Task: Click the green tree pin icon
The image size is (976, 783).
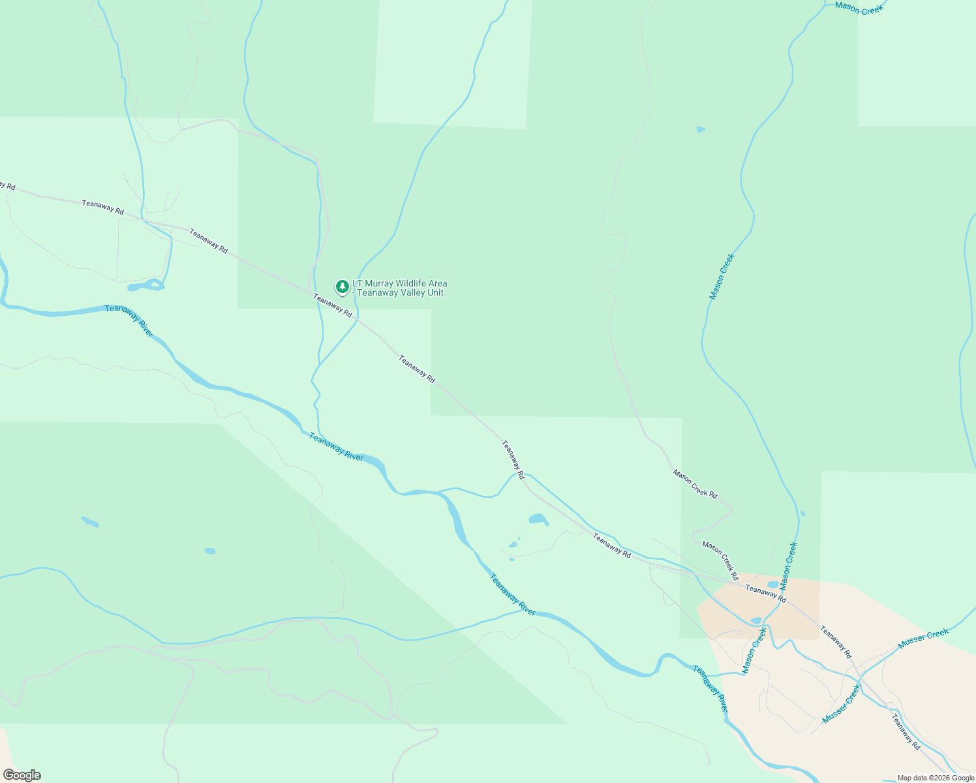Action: coord(342,286)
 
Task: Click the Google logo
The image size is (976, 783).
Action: coord(22,775)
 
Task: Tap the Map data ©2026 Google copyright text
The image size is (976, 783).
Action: coord(936,778)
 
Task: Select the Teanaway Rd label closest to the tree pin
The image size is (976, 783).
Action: coord(333,305)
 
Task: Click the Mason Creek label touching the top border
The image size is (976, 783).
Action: coord(859,8)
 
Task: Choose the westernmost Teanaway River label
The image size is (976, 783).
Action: coord(129,320)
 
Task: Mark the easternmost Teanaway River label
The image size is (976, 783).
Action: coord(710,688)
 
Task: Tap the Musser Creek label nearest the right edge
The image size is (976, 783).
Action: coord(923,639)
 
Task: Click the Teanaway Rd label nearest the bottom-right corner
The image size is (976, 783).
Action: coord(906,731)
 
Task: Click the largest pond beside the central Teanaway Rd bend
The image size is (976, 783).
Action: coord(538,519)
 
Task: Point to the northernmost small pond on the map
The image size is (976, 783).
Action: coord(701,129)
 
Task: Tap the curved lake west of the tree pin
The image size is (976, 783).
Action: coord(146,285)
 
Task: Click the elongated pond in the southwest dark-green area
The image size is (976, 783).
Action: coord(89,521)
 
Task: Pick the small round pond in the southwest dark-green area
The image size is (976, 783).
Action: coord(209,551)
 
